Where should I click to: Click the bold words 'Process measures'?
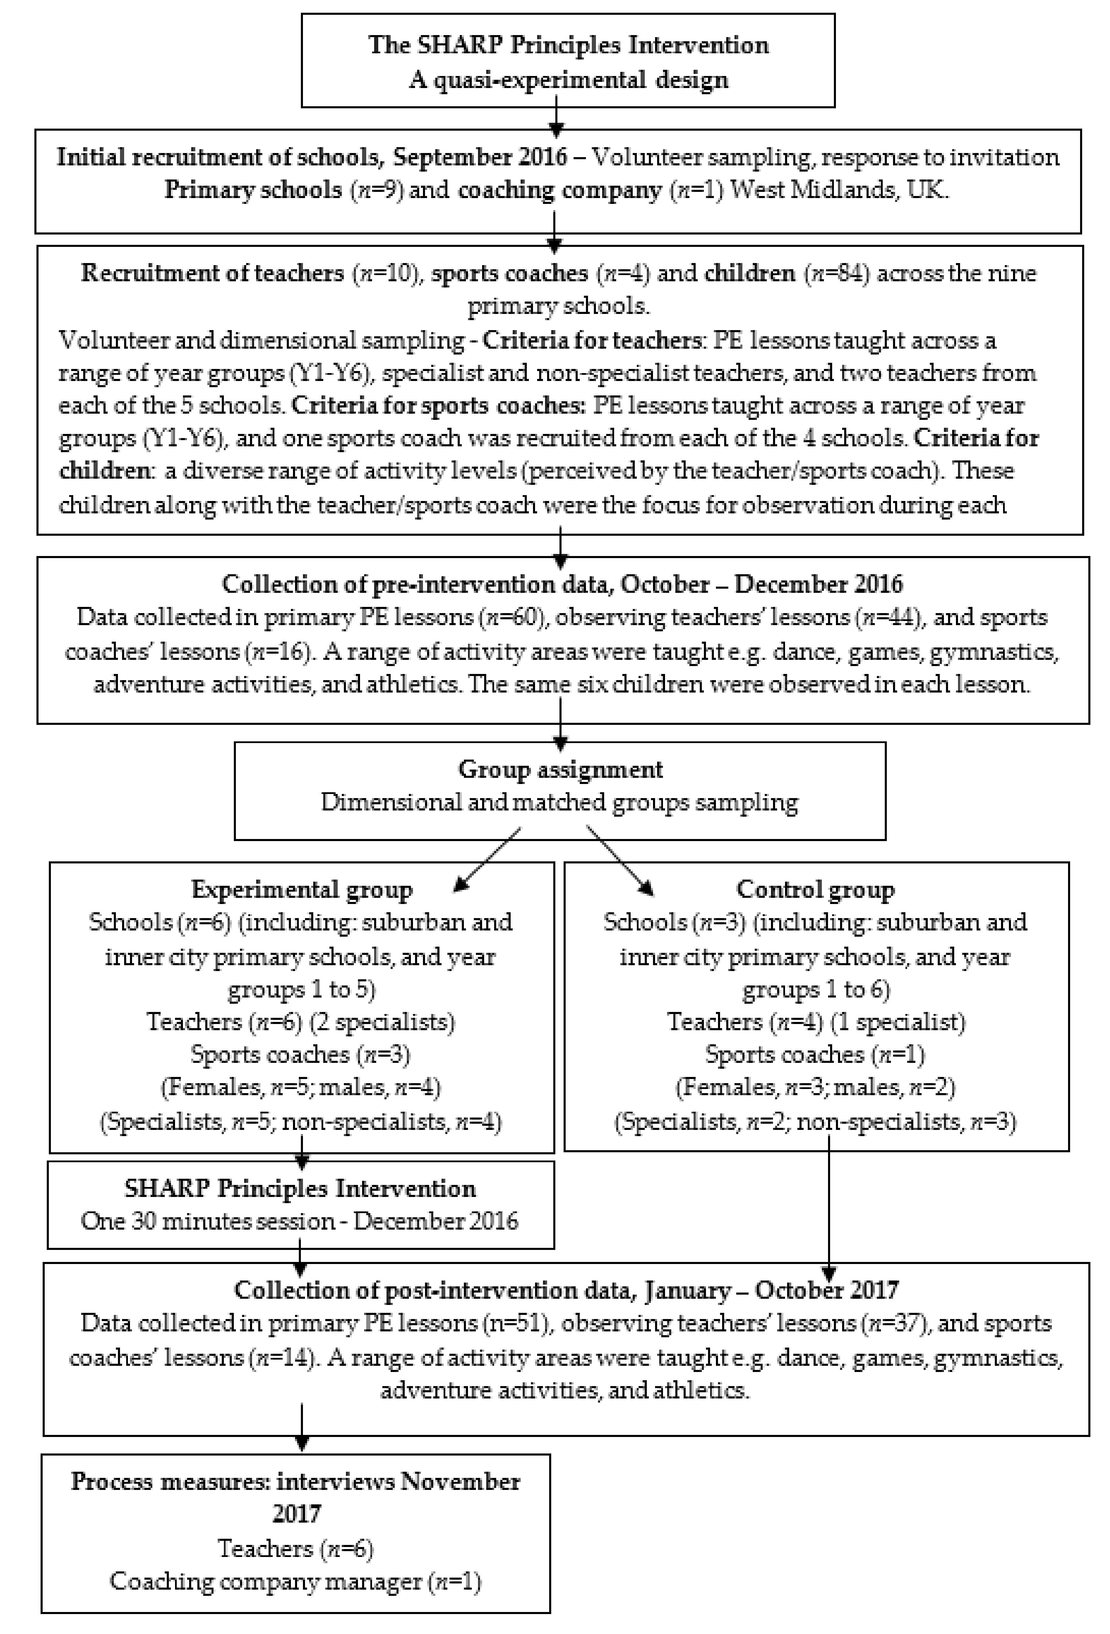(x=167, y=1481)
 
